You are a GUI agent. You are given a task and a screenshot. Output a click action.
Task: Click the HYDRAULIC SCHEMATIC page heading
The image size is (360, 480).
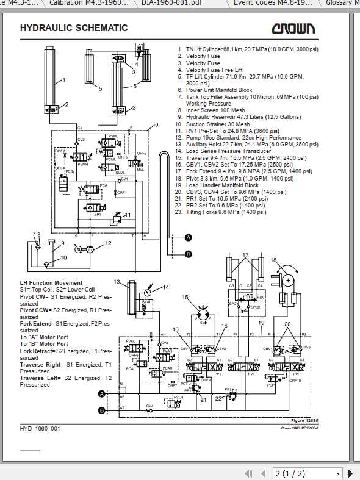(x=74, y=28)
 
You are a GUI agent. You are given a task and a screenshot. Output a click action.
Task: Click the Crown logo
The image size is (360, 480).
(x=293, y=28)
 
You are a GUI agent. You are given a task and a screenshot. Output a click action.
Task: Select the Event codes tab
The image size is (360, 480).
(x=264, y=3)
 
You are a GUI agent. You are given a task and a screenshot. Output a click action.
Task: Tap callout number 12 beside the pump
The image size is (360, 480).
(x=108, y=243)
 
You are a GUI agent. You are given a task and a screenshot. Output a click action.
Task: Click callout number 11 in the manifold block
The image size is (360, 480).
(x=128, y=215)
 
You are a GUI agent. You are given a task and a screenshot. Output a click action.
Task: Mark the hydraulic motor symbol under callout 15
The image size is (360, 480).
(x=203, y=316)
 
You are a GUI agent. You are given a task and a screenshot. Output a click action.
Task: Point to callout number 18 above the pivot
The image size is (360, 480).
(x=273, y=260)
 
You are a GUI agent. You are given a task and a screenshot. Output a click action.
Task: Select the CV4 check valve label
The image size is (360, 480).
(x=149, y=406)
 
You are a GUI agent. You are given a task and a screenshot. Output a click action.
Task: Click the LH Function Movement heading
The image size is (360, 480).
(x=51, y=283)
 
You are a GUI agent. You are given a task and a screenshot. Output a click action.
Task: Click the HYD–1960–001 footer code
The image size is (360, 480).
(x=40, y=429)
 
